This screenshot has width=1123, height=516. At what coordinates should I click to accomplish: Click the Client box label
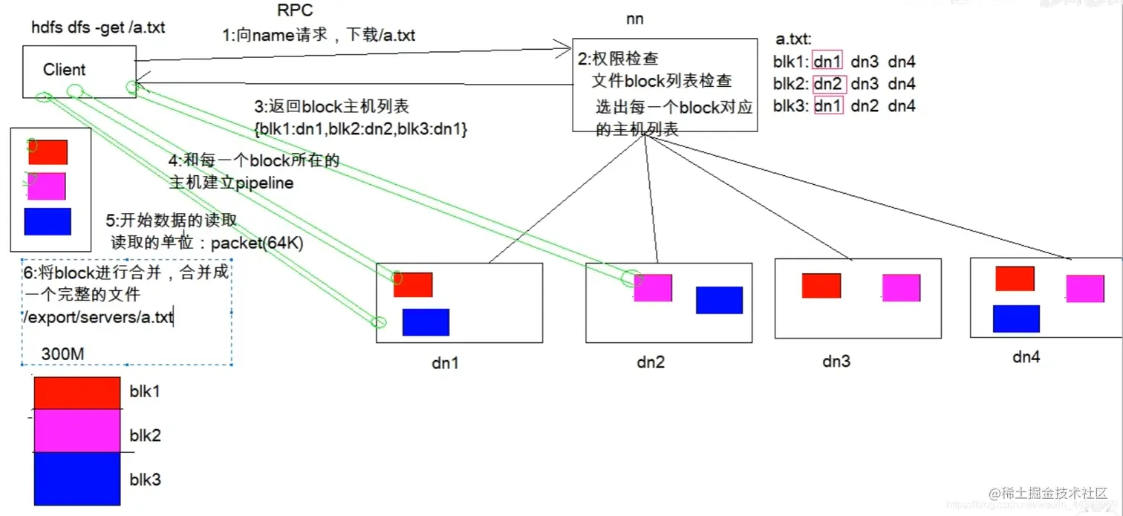pyautogui.click(x=64, y=70)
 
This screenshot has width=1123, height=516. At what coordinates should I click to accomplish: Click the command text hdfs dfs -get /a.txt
pyautogui.click(x=98, y=28)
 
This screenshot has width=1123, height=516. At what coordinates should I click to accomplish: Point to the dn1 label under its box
pyautogui.click(x=445, y=364)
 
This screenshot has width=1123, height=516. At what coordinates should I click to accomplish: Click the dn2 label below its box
pyautogui.click(x=651, y=362)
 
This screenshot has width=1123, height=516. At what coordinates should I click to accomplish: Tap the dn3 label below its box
pyautogui.click(x=836, y=362)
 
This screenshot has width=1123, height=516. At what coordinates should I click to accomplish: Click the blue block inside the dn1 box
pyautogui.click(x=426, y=322)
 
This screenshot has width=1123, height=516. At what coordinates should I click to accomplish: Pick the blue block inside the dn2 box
pyautogui.click(x=719, y=300)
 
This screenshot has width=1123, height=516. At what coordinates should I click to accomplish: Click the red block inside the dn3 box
pyautogui.click(x=821, y=286)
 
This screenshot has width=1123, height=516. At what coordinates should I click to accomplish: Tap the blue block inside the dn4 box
pyautogui.click(x=1015, y=319)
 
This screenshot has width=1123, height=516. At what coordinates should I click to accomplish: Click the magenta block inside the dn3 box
pyautogui.click(x=901, y=287)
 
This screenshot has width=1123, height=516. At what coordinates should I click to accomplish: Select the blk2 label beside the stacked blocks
pyautogui.click(x=145, y=434)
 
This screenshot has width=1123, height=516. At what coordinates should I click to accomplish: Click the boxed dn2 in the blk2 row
pyautogui.click(x=830, y=84)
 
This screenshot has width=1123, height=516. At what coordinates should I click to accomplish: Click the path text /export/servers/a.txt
pyautogui.click(x=98, y=319)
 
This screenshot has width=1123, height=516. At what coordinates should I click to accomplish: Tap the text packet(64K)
pyautogui.click(x=257, y=243)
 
